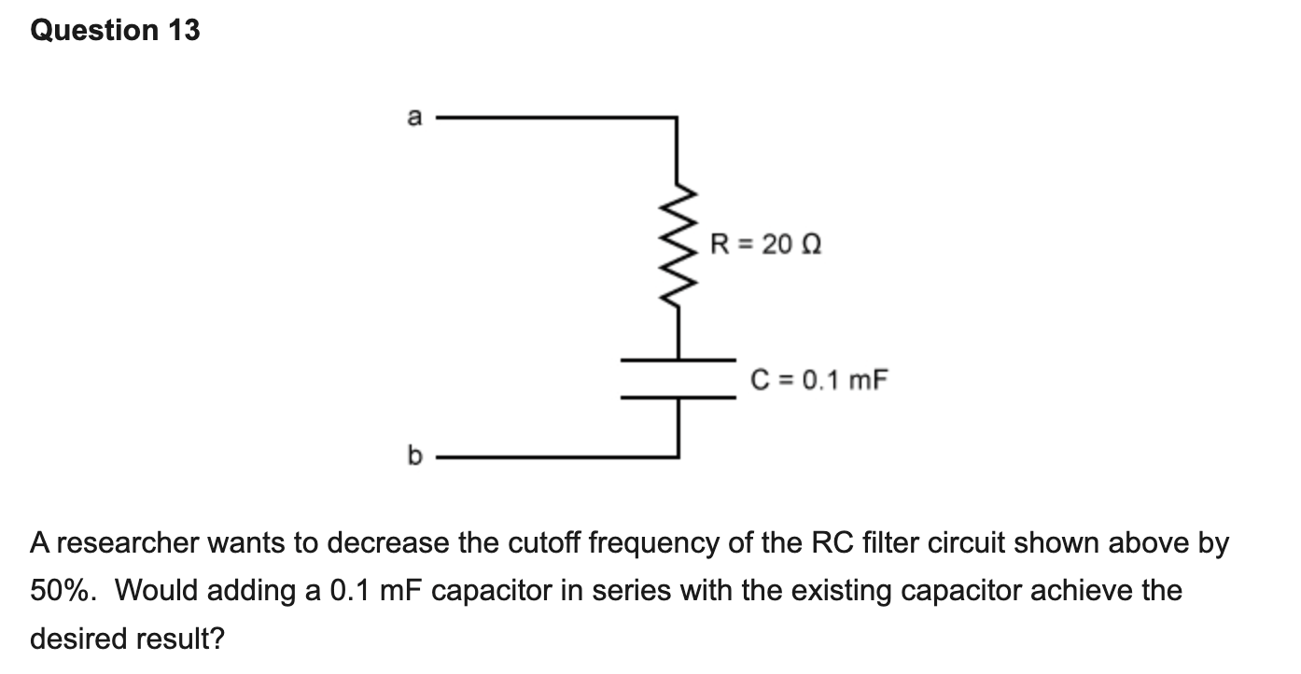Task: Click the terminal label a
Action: point(414,117)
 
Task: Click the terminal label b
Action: point(414,455)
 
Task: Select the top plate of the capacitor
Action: point(678,360)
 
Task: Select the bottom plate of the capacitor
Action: point(678,398)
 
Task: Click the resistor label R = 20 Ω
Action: point(765,244)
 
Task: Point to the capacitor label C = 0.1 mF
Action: point(818,380)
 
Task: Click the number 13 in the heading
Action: point(184,30)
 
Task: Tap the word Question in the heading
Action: point(94,30)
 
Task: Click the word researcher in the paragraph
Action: point(128,542)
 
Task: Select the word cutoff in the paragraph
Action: point(543,542)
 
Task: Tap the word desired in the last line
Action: point(78,638)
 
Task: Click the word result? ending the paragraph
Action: point(180,638)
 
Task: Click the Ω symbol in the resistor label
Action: point(811,244)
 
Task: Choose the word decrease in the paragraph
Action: point(387,542)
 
